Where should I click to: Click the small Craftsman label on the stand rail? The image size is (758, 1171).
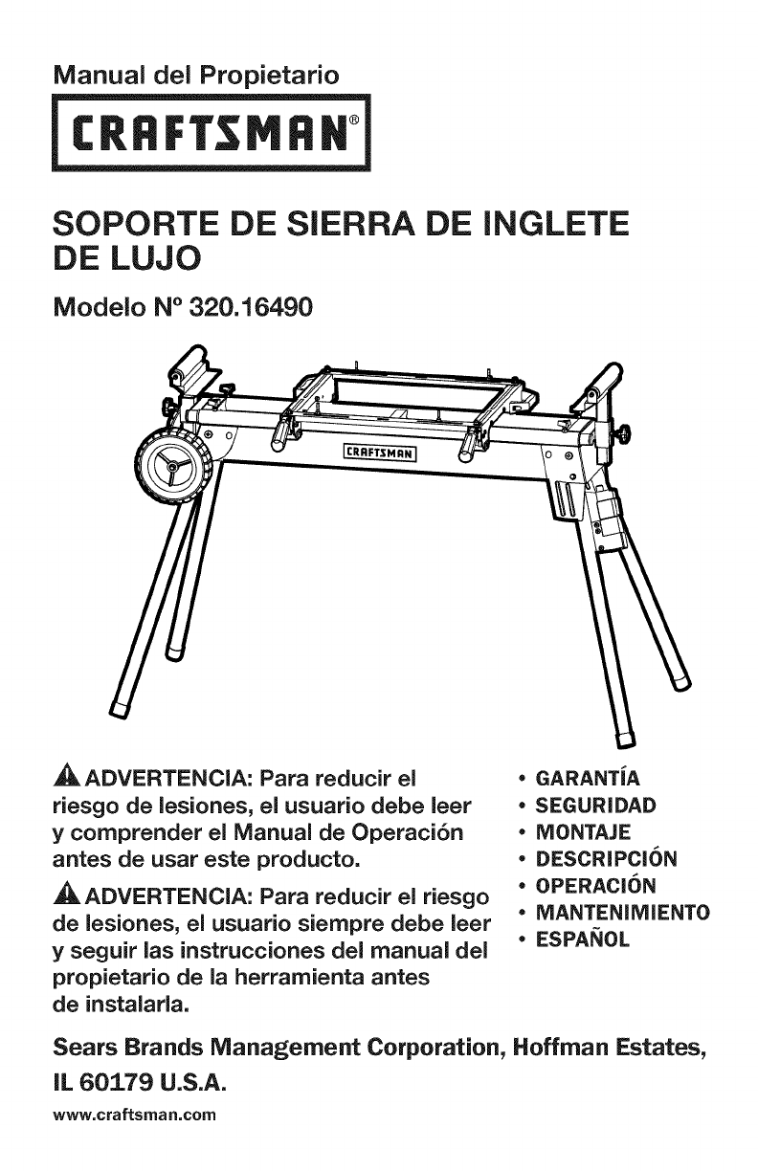click(x=380, y=453)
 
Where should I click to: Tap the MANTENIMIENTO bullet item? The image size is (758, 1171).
click(x=621, y=910)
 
